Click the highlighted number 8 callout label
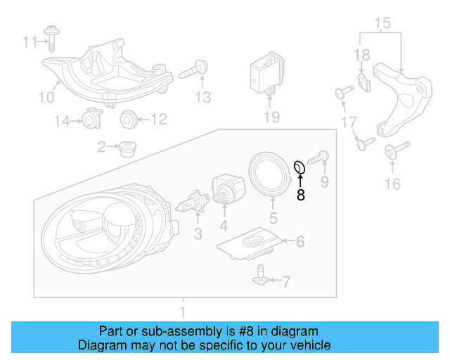point(301,195)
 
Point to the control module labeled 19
point(266,73)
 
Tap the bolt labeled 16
point(392,153)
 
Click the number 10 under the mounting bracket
point(45,96)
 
